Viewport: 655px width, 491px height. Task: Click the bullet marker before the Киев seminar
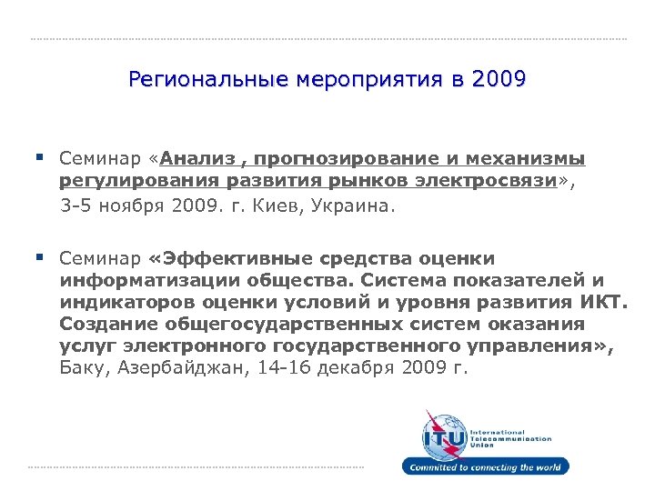(41, 158)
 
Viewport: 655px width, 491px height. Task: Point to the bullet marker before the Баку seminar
(41, 257)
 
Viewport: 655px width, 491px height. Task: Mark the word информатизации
(140, 280)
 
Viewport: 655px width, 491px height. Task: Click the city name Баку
(83, 367)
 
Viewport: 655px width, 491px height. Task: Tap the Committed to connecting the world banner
(487, 467)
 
